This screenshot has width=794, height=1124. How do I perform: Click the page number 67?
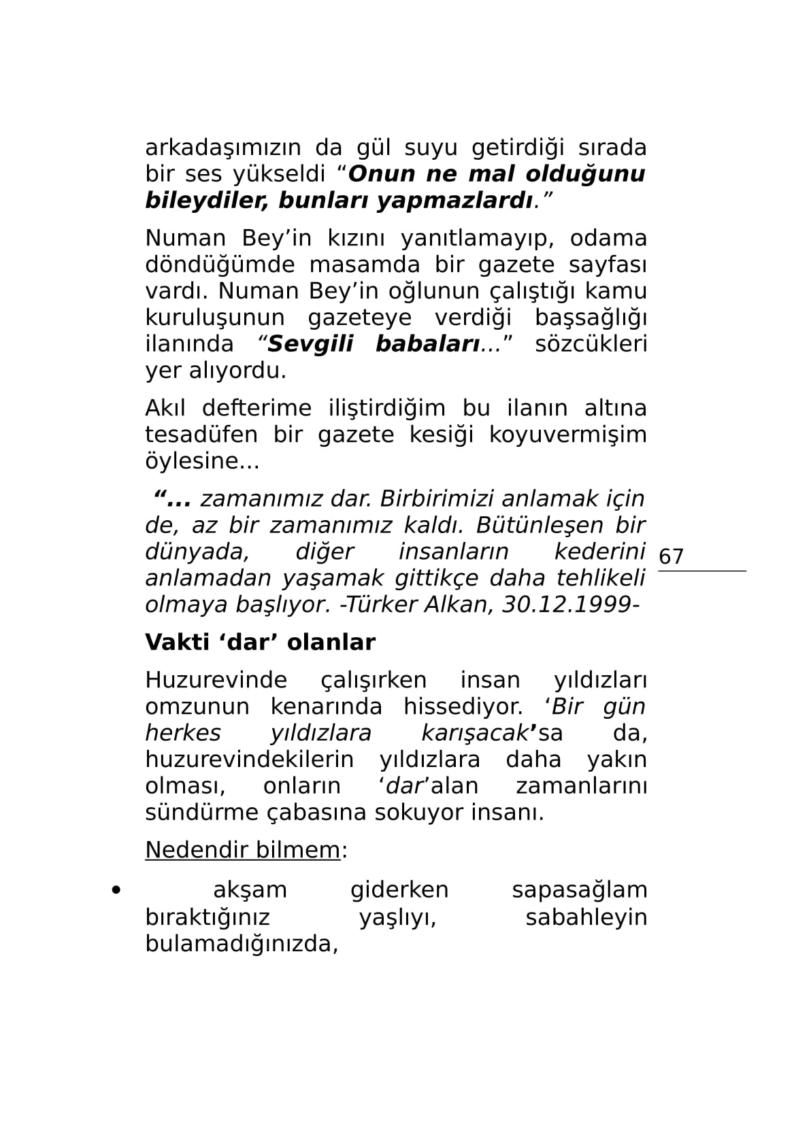(671, 557)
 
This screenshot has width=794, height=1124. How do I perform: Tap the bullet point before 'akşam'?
(116, 889)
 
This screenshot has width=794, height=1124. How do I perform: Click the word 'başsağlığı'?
(591, 318)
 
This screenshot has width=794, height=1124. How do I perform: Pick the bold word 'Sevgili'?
(310, 344)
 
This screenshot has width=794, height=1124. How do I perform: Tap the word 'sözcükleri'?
(591, 344)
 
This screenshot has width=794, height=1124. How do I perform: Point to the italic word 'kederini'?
(599, 551)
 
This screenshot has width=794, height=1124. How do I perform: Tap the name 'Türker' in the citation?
(381, 604)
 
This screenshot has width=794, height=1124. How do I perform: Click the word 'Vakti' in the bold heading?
(175, 643)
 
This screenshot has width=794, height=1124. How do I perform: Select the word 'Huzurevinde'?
(216, 680)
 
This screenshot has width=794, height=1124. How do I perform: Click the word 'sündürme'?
(193, 813)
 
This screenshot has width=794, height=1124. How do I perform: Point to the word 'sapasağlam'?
(579, 890)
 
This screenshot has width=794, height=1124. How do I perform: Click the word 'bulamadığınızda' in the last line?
(241, 944)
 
